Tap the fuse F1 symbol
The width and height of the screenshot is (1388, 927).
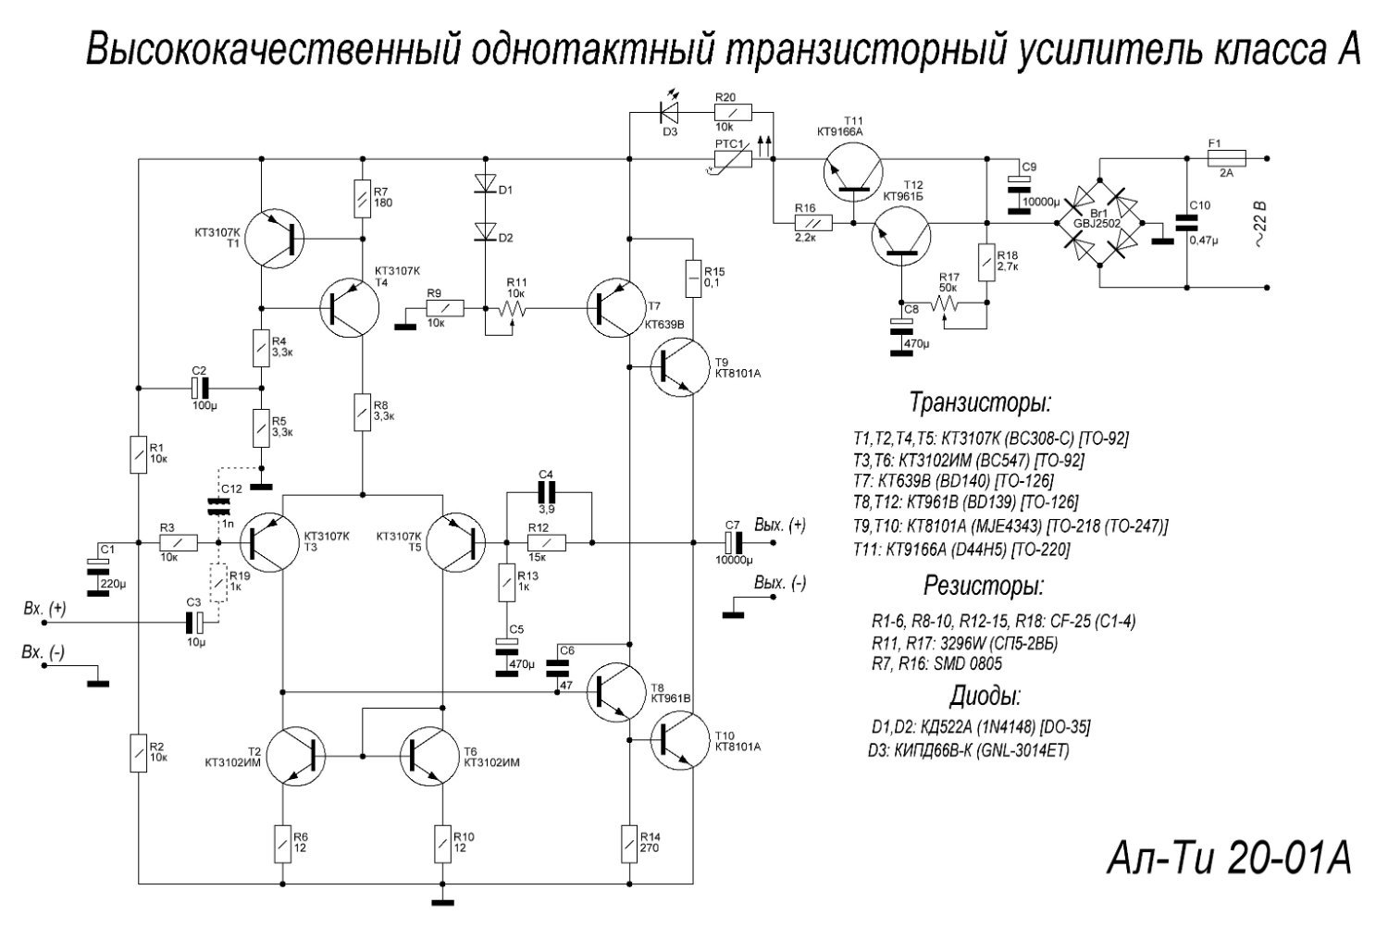point(1227,158)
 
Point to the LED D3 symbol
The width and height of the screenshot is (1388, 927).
point(667,112)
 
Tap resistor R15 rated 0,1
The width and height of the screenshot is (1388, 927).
point(692,278)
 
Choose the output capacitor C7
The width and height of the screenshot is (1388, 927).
point(735,542)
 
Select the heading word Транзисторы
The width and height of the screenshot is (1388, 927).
point(980,402)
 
